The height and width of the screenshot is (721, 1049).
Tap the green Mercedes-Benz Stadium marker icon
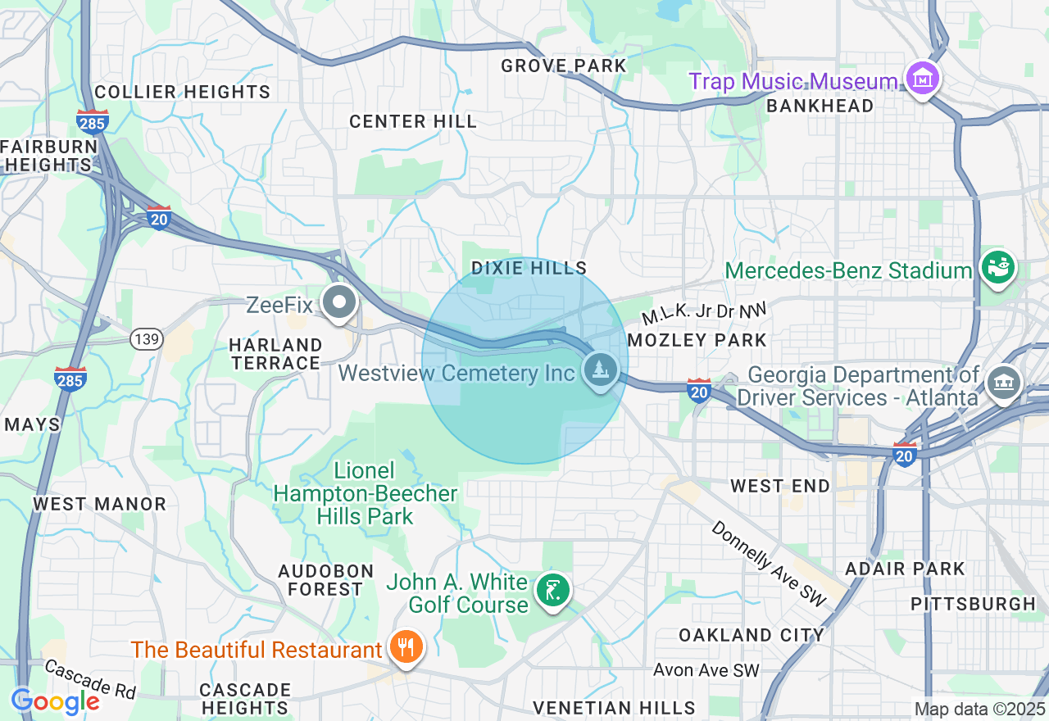tap(999, 268)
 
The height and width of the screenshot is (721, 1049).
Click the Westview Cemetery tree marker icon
tap(602, 370)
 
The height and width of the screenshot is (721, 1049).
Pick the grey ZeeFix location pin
tap(338, 302)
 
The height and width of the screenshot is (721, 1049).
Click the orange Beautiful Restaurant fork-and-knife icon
tap(406, 647)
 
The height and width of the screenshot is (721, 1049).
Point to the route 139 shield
tap(146, 339)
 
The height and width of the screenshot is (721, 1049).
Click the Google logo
tap(55, 701)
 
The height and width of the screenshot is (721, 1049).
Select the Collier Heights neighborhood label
tap(182, 92)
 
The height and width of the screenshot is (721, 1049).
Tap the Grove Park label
tap(563, 66)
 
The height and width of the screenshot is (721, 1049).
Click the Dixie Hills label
tap(529, 268)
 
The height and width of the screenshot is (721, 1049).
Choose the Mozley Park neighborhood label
tap(697, 340)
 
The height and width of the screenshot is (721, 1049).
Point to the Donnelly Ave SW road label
tap(770, 565)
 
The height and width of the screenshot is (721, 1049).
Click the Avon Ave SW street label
tap(706, 670)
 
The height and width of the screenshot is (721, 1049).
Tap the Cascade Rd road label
tap(90, 679)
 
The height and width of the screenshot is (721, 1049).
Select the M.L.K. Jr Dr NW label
tap(703, 312)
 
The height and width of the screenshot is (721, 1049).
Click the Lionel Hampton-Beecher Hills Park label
tap(365, 493)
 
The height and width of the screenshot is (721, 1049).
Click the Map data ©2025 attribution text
tap(979, 709)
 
